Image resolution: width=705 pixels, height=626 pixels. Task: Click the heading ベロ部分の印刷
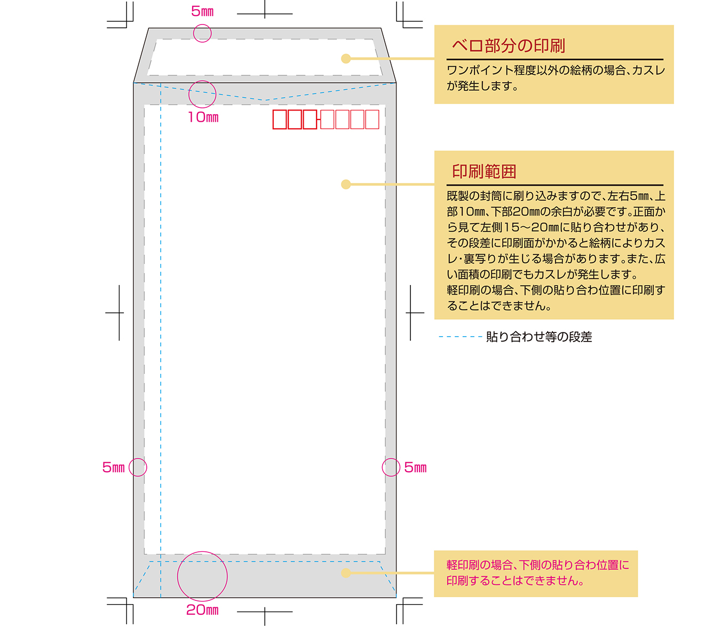pos(508,45)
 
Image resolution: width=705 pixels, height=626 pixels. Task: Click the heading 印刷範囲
pos(484,171)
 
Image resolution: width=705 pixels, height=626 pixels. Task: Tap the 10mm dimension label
pos(203,117)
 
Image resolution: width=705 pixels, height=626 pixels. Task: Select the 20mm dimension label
pos(202,610)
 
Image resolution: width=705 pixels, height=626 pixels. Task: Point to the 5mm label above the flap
pos(202,12)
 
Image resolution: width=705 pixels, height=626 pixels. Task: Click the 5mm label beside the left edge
pos(114,467)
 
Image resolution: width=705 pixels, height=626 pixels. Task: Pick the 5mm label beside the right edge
pos(415,467)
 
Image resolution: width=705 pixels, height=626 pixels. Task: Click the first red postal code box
pos(280,120)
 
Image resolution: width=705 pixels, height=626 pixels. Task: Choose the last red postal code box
pos(373,120)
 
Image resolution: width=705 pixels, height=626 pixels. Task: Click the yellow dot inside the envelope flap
pos(346,59)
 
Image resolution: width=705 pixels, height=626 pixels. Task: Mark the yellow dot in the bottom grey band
pos(346,573)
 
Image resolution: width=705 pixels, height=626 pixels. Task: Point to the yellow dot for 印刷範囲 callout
pos(346,185)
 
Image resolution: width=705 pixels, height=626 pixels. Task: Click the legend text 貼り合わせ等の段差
pos(538,337)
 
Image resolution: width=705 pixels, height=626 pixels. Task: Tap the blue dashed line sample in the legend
pos(461,337)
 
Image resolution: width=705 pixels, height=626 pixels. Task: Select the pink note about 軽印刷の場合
pos(537,573)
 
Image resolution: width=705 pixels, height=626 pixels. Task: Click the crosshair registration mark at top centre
pos(265,13)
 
